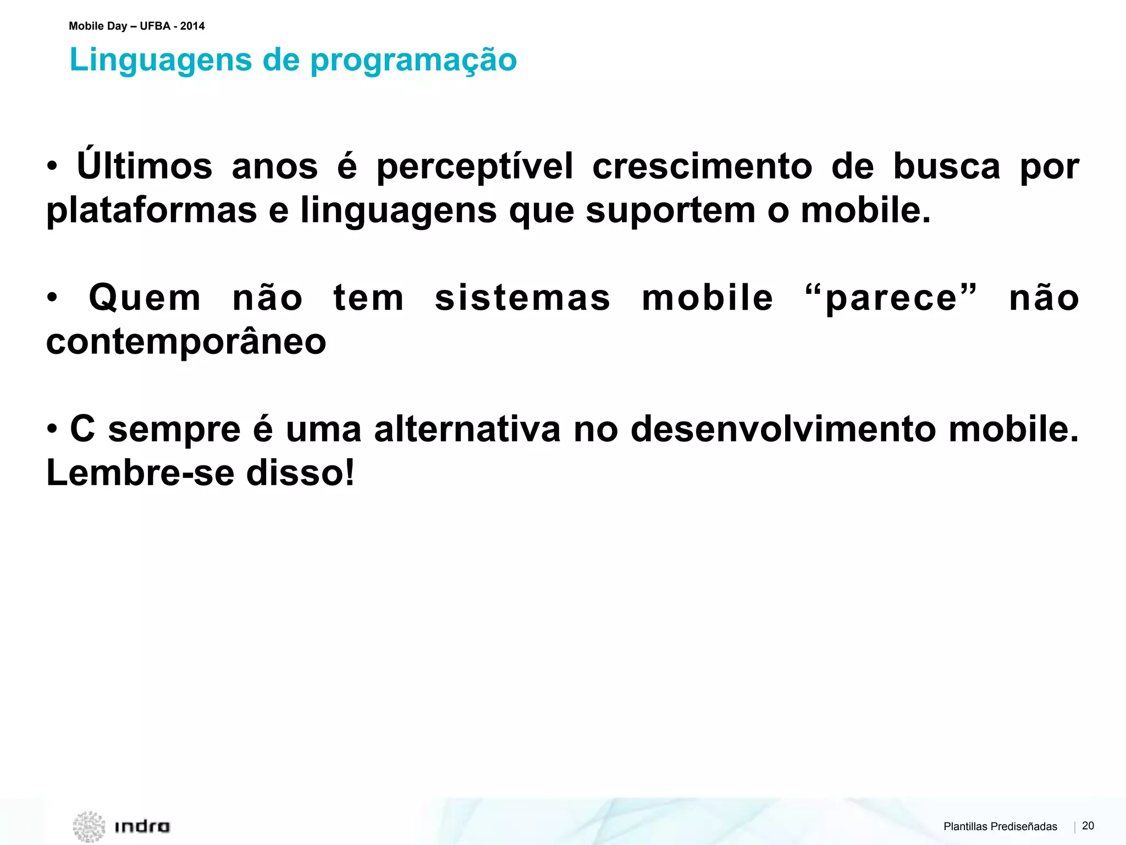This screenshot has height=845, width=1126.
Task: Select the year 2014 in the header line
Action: point(192,26)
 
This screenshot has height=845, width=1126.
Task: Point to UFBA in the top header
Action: point(155,26)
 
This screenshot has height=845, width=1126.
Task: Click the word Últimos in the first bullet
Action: point(145,166)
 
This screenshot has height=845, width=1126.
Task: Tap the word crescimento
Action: point(702,166)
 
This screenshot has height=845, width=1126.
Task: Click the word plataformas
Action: point(152,211)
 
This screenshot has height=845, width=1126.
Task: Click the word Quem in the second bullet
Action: point(145,299)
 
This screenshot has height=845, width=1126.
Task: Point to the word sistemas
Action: point(522,298)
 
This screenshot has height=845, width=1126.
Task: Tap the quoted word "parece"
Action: point(891,298)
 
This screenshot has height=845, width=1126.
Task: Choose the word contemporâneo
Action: point(186,343)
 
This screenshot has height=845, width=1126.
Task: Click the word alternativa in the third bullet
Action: point(467,429)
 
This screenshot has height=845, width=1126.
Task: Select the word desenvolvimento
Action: point(783,429)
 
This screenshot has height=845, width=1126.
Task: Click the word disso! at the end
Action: point(300,473)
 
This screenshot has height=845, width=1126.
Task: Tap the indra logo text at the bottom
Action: point(142,826)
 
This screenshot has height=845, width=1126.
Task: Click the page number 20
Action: point(1088,825)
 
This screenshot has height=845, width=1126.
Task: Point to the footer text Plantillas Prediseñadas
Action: point(1000,826)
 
